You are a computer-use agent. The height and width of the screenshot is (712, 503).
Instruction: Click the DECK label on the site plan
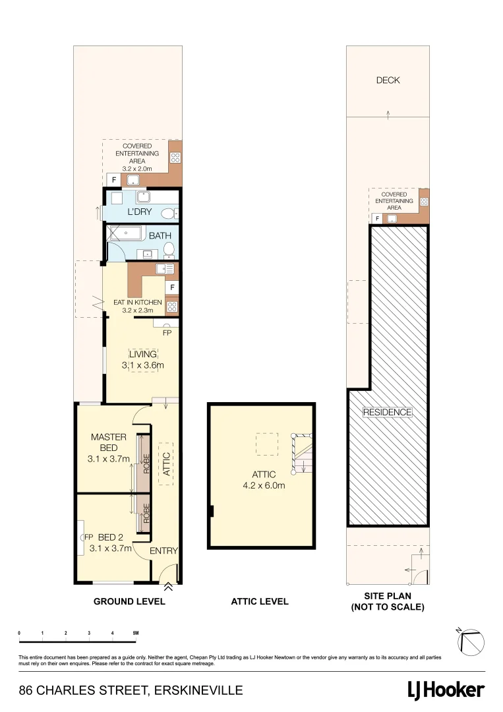[388, 80]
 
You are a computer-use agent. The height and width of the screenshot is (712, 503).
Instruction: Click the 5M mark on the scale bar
[134, 633]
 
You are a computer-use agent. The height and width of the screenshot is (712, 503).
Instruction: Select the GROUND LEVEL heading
[129, 601]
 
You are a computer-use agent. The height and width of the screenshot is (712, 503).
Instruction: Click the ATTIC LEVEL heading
[260, 601]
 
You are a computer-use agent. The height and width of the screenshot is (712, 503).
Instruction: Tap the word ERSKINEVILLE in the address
[198, 691]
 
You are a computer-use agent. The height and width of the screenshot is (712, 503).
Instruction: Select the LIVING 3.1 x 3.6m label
[143, 359]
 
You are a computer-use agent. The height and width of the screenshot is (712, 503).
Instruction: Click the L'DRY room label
[140, 212]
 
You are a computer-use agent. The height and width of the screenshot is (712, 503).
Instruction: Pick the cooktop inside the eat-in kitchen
[172, 306]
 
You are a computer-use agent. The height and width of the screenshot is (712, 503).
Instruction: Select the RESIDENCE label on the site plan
[388, 412]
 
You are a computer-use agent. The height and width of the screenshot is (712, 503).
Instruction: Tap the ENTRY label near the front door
[163, 551]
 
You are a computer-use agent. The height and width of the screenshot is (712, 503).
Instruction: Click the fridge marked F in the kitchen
[172, 287]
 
